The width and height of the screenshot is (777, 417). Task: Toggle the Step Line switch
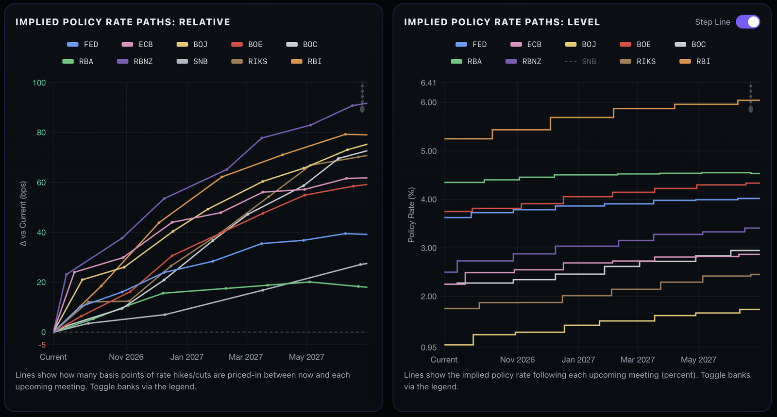tap(748, 22)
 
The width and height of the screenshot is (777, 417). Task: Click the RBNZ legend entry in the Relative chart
tap(135, 61)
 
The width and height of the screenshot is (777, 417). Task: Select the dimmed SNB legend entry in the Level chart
tap(580, 61)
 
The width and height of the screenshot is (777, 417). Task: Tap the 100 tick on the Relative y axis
tap(39, 83)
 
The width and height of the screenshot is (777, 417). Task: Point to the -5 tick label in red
tap(42, 345)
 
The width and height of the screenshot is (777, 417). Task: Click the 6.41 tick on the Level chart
tap(428, 83)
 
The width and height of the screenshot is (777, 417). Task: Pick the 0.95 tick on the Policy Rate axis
tap(428, 347)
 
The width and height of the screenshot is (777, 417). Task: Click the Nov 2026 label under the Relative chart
tap(126, 357)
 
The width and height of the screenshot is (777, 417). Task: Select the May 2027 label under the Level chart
tap(698, 360)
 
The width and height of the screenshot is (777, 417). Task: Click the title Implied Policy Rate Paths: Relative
tap(123, 22)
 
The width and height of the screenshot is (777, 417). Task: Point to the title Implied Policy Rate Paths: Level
tap(502, 22)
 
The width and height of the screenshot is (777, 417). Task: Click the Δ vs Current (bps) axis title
tap(23, 214)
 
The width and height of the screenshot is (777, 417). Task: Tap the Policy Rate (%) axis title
tap(411, 215)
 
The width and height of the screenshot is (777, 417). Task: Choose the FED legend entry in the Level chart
tap(471, 44)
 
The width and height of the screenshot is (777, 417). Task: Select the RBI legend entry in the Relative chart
tap(306, 61)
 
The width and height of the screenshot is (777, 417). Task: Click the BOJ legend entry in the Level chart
tap(580, 44)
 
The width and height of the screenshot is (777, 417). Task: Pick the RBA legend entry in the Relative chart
tap(78, 61)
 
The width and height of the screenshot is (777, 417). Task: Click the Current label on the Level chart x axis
tap(444, 360)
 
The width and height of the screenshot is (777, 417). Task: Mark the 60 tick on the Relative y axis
tap(41, 183)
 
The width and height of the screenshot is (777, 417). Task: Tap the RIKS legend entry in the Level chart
tap(638, 61)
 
